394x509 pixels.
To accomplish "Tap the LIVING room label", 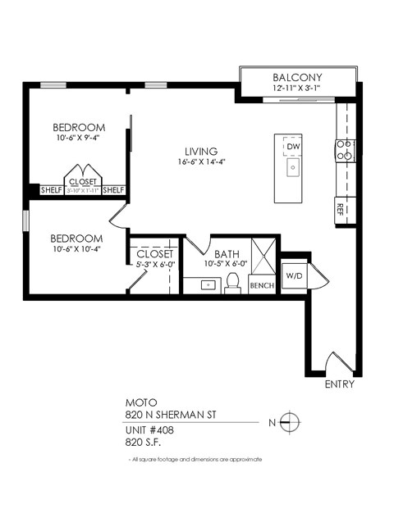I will (x=200, y=152).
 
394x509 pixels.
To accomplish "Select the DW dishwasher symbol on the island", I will (x=293, y=147).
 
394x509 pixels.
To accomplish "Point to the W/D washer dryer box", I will (x=293, y=275).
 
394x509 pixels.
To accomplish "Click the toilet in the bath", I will (x=232, y=283).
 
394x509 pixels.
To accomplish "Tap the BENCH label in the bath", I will (x=262, y=285).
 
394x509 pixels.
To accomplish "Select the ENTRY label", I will (x=339, y=384).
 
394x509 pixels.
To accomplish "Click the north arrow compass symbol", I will (x=288, y=422).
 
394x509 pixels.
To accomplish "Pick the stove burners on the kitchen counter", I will (x=345, y=149).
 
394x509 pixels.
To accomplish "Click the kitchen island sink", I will (x=292, y=168).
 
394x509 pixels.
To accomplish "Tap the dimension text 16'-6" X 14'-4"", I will (x=200, y=162).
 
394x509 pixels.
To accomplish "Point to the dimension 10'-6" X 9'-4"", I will (x=79, y=138).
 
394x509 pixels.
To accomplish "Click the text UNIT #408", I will (x=149, y=429).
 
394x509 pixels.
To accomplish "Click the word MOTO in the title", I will (x=139, y=402).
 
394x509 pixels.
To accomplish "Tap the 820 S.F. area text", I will (x=143, y=442).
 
